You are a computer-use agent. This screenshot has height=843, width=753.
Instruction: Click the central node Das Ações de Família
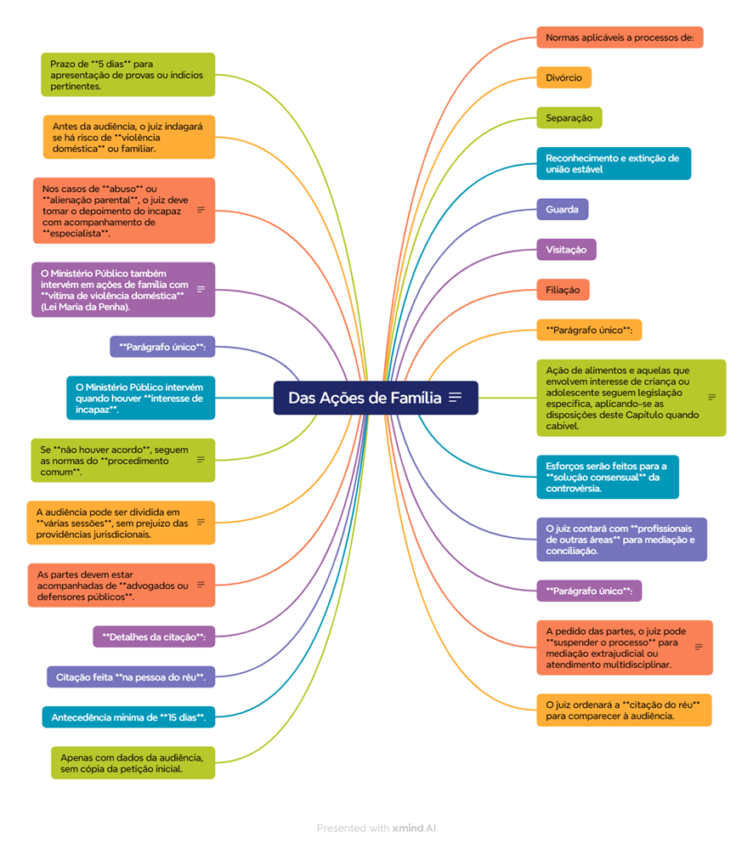pos(365,398)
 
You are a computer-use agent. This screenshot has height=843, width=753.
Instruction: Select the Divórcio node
pos(563,77)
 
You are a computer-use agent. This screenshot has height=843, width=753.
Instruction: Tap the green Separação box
pos(569,117)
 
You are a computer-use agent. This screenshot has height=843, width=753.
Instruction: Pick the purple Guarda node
pos(562,209)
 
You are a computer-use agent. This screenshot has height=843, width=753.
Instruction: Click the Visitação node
pos(566,249)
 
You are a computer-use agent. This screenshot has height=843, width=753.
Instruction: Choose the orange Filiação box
pos(562,290)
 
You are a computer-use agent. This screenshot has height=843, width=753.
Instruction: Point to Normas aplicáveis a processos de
pos(620,37)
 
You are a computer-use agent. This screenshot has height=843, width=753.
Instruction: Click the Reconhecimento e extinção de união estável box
pos(613,163)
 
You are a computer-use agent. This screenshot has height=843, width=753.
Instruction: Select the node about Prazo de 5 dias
pos(127,75)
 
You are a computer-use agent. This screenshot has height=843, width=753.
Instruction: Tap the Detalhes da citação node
pos(154,636)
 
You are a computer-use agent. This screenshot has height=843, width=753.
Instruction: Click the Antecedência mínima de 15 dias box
pos(128,717)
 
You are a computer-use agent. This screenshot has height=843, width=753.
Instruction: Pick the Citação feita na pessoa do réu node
pos(130,677)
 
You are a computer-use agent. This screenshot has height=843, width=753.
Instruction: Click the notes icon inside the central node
pos(456,398)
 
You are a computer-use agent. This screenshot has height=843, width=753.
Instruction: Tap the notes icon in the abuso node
pos(201,209)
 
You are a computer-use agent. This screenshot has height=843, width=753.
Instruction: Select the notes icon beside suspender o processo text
pos(699,647)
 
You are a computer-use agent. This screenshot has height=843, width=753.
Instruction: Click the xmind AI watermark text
pos(414,828)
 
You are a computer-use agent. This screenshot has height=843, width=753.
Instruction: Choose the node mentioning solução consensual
pos(607,477)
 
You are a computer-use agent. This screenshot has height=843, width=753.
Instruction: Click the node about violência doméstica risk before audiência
pos(128,137)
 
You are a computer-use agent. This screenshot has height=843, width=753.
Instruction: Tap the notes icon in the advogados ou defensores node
pos(201,585)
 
